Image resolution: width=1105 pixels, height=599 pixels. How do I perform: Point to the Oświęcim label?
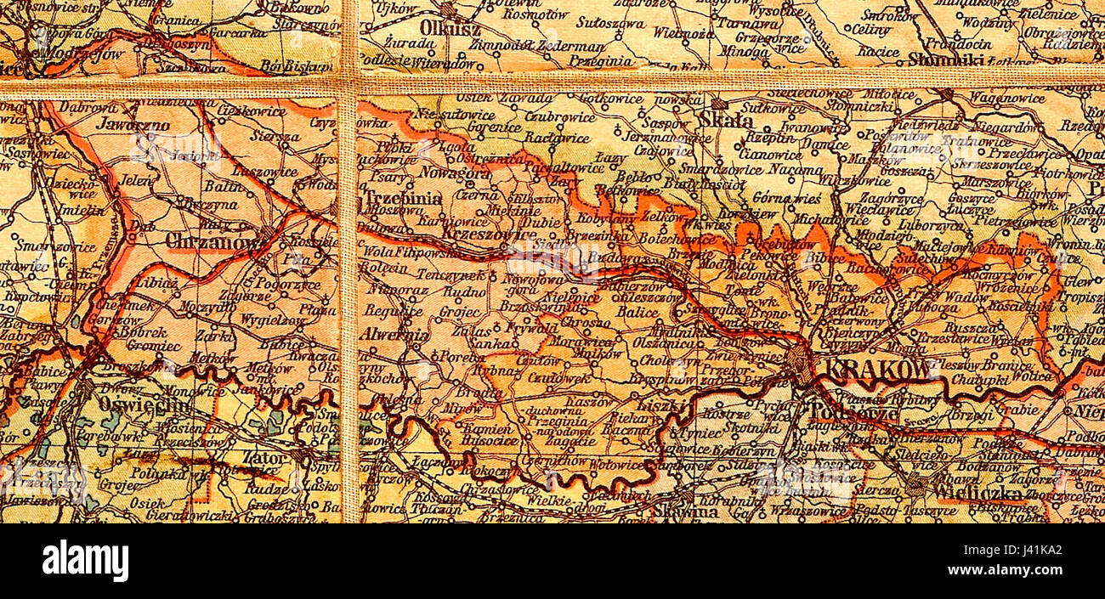point(145,405)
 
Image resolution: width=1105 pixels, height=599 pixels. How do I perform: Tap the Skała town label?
point(726,121)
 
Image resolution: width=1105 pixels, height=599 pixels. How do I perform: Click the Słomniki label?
point(947,59)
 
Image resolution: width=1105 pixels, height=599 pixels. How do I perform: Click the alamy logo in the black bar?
point(85,562)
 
